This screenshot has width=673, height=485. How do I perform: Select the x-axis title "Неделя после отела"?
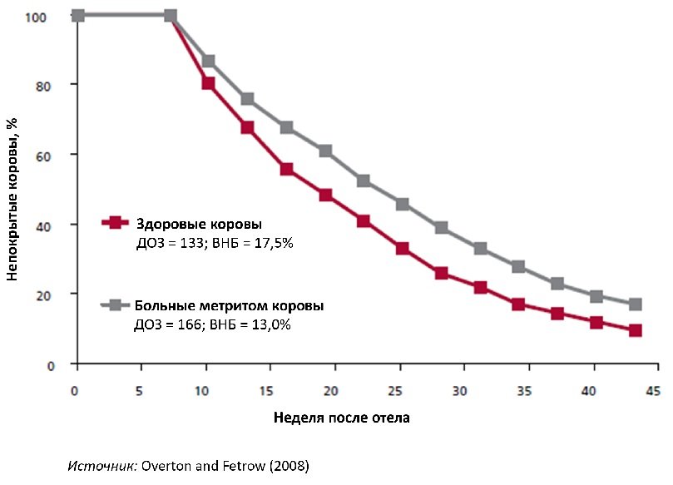tap(341, 418)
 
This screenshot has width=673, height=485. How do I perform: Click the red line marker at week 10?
tap(208, 83)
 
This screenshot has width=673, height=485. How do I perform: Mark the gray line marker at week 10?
tap(208, 61)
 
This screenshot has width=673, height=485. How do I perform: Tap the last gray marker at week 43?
tap(636, 304)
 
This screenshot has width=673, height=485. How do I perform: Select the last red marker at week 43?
tap(636, 330)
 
